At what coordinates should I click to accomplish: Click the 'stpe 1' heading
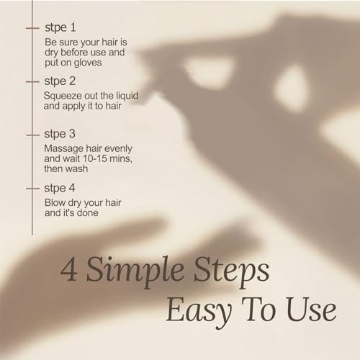(60, 27)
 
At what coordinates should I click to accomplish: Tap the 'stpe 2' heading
(60, 81)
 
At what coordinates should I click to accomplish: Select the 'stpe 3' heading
(60, 134)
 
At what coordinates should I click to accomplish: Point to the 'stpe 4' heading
(60, 188)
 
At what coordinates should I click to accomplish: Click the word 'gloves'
(88, 63)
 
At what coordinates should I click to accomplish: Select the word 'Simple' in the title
(135, 271)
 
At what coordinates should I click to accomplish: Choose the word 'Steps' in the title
(231, 271)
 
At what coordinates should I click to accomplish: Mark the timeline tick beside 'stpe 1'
(32, 28)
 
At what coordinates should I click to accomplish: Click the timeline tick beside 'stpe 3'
(32, 135)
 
